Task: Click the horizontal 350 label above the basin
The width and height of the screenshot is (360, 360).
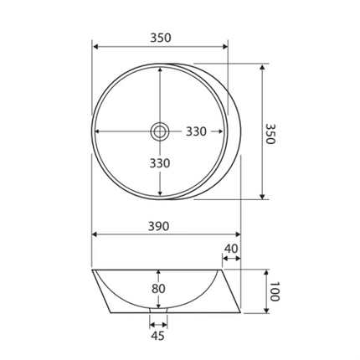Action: click(160, 37)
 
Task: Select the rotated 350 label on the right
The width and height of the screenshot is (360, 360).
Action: click(270, 133)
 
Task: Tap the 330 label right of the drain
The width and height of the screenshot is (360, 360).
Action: click(196, 131)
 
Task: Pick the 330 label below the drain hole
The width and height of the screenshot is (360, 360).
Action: click(160, 162)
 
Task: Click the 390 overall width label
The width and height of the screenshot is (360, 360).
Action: click(160, 226)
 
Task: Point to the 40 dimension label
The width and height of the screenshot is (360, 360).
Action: click(232, 249)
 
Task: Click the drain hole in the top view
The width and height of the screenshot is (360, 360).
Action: click(159, 131)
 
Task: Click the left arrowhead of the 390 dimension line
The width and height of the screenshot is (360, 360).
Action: click(95, 235)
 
